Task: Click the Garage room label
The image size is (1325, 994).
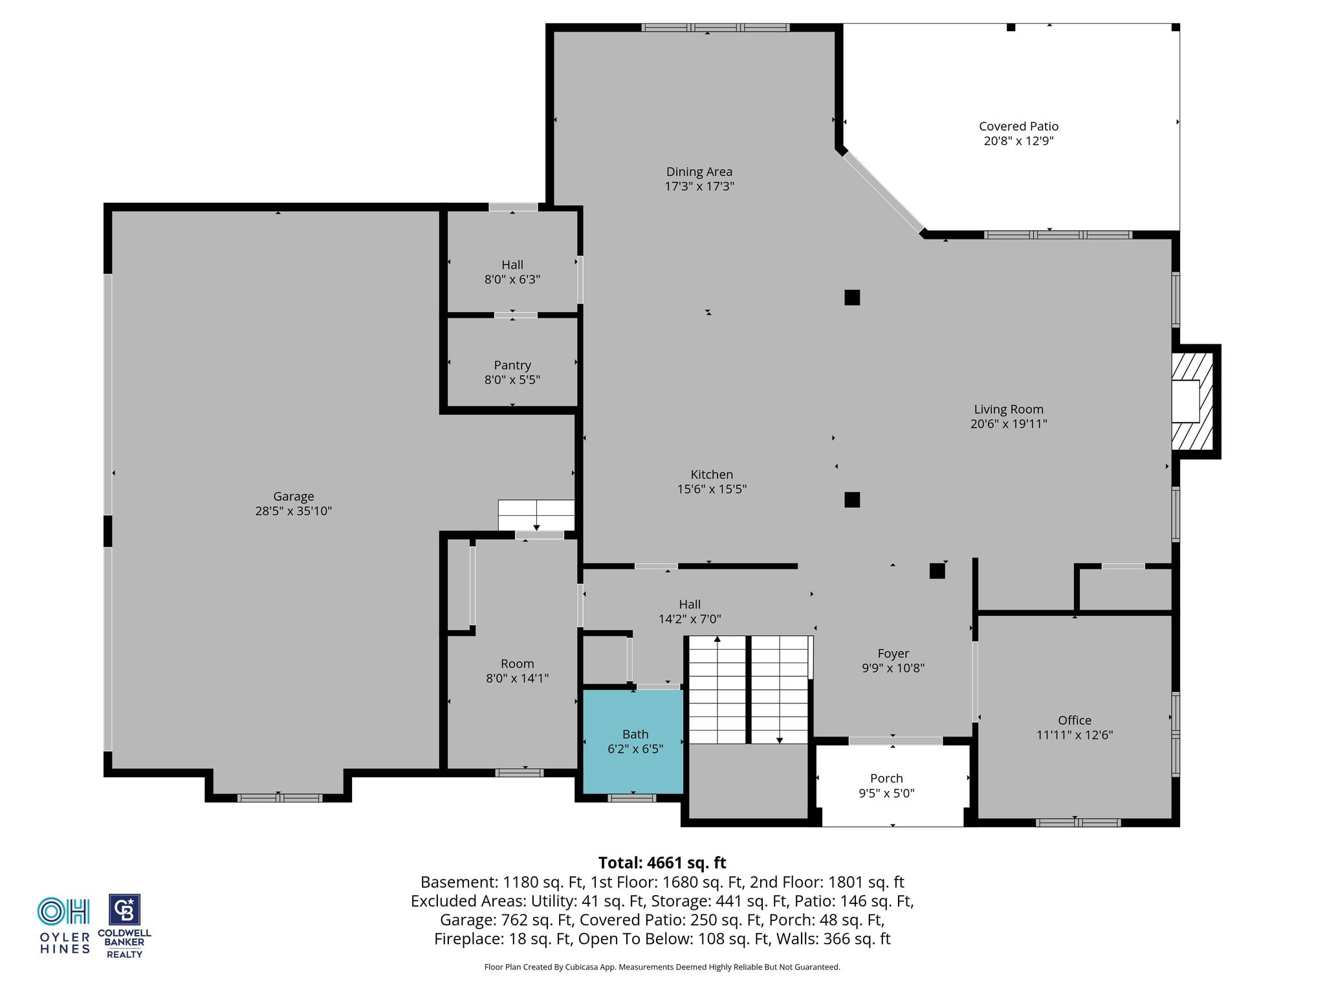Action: [294, 496]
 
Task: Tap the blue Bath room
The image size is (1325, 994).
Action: [633, 742]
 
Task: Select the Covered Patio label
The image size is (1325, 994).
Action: [1018, 126]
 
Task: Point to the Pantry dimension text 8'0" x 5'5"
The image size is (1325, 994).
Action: [512, 380]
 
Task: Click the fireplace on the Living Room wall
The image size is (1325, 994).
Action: [1194, 401]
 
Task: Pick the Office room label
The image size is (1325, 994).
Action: [1075, 720]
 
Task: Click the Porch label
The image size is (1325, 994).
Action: [886, 779]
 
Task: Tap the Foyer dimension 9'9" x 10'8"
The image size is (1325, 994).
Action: [893, 668]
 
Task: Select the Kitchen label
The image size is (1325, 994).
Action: [712, 474]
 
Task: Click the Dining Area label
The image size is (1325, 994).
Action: [699, 171]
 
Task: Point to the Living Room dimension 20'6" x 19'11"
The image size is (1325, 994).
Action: [1009, 424]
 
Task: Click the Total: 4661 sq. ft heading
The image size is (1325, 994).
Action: [662, 863]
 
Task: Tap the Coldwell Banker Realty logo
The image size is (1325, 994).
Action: [124, 926]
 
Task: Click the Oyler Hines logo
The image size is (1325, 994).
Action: [64, 925]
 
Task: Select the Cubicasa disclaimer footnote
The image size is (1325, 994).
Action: [662, 967]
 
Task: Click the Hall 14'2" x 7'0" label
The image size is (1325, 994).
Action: [690, 612]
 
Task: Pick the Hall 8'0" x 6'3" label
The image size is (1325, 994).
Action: [512, 272]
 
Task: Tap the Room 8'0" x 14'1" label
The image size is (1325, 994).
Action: [518, 671]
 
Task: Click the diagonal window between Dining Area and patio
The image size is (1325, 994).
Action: [882, 192]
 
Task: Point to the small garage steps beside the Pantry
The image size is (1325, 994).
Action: [536, 515]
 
